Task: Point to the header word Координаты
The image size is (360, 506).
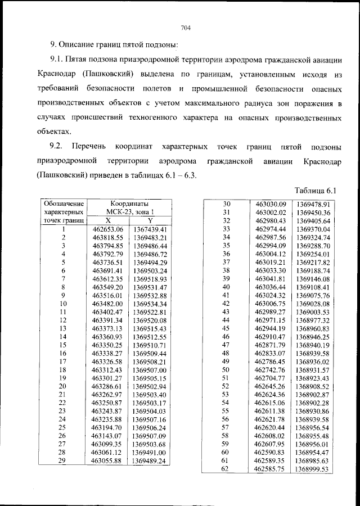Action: (129, 204)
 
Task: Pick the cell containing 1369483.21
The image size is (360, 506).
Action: (150, 238)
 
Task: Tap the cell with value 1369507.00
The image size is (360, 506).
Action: (150, 371)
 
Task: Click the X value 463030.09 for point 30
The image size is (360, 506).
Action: (271, 204)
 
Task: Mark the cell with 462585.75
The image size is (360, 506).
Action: (271, 469)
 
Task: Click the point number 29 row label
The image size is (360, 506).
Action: (63, 462)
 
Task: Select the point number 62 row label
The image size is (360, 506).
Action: (227, 469)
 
